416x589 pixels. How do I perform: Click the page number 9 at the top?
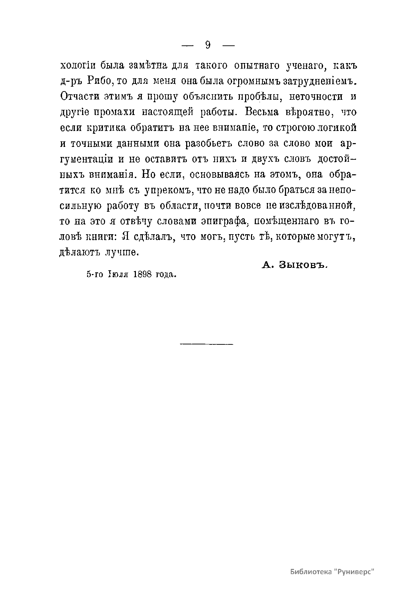208,45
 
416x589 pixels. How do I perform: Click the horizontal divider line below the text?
207,344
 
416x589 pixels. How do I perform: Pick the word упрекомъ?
164,190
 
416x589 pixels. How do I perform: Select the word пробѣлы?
259,96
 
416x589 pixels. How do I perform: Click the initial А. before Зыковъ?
266,265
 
